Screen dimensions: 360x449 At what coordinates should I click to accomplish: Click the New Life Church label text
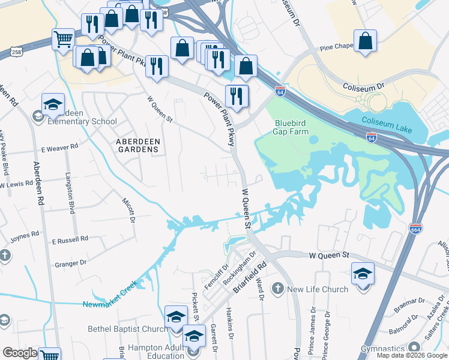click(318, 289)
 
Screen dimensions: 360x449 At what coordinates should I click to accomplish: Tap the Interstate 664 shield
click(415, 229)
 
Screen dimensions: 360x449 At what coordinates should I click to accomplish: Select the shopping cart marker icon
click(63, 40)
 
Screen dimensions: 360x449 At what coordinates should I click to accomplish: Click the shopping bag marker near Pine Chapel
click(365, 41)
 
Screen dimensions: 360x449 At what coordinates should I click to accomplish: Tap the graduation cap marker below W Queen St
click(362, 274)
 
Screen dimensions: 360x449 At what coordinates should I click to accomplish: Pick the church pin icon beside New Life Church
click(278, 289)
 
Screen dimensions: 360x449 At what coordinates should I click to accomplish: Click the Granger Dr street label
click(70, 263)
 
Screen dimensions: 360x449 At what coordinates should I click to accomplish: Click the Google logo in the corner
click(19, 353)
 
